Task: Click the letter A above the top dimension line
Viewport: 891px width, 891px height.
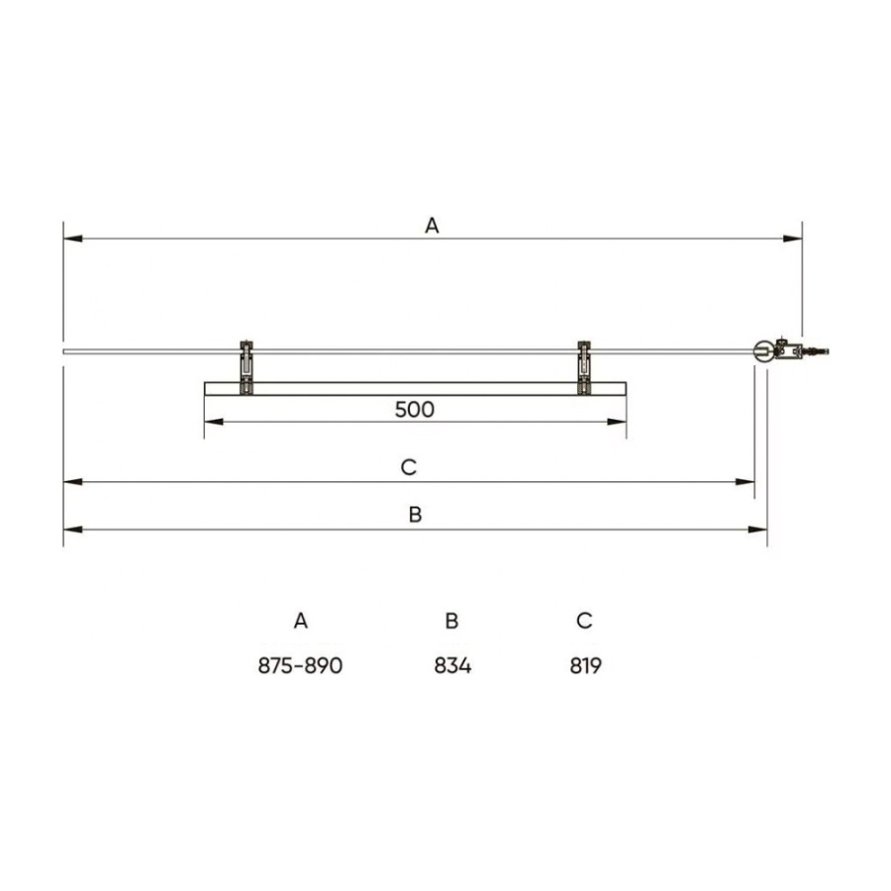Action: click(432, 226)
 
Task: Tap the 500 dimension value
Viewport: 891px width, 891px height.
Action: click(414, 409)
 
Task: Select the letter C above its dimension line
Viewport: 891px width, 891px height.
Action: click(409, 467)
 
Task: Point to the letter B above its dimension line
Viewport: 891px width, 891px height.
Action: click(416, 514)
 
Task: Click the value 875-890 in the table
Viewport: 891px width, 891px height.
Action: click(300, 665)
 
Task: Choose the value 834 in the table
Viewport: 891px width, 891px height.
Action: click(452, 665)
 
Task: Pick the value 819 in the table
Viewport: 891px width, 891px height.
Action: click(586, 665)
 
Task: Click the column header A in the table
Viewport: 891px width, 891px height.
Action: click(301, 621)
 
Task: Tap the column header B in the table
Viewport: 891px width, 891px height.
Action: click(451, 621)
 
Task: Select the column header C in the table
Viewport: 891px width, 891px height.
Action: click(584, 621)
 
